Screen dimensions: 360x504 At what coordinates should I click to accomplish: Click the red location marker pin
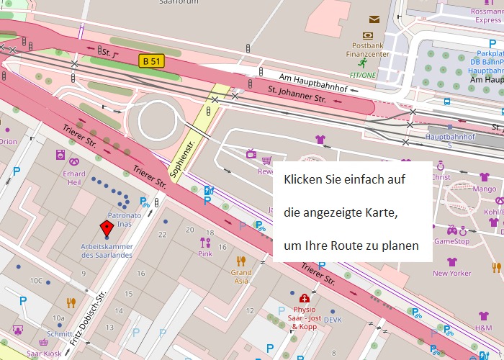[x=107, y=230]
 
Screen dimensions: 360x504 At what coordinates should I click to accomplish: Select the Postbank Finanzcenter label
[x=368, y=50]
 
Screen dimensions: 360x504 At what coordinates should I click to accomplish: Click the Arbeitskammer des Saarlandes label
[x=107, y=251]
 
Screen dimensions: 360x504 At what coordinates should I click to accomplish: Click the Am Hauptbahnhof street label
[x=313, y=83]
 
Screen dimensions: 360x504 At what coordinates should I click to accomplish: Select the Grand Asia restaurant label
[x=241, y=277]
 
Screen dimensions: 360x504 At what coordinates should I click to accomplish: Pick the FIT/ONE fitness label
[x=363, y=74]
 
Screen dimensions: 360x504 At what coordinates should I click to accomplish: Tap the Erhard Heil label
[x=73, y=179]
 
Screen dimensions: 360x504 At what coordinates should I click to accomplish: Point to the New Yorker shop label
[x=451, y=273]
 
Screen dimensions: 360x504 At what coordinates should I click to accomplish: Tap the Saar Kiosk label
[x=44, y=354]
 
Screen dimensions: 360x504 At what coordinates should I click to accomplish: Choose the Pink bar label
[x=205, y=254]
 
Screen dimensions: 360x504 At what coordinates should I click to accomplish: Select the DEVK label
[x=333, y=320]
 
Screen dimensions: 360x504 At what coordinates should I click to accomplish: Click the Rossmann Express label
[x=487, y=16]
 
